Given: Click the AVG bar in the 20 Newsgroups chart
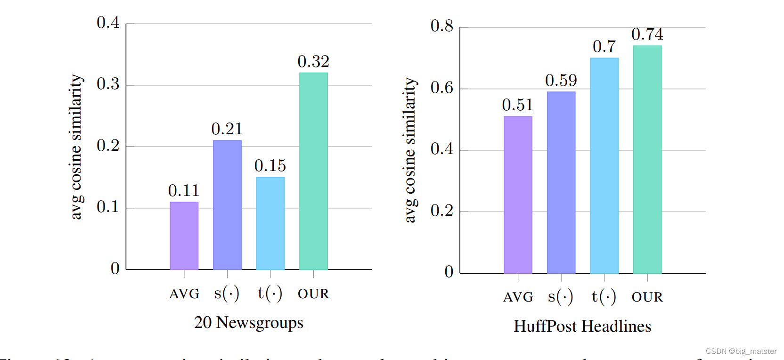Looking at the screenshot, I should coord(184,236).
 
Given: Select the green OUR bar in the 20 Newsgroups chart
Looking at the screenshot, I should coord(313,171).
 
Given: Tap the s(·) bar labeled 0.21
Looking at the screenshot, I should coord(227,205).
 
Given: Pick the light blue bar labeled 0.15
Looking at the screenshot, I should coord(270,223).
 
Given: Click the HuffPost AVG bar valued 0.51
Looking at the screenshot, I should coord(518,195).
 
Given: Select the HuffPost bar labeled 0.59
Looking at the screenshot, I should coord(561,182).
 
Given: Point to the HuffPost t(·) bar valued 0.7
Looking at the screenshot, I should coord(604,165).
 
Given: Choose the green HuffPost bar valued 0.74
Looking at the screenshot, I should coord(647,159).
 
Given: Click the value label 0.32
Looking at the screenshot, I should coord(313,61).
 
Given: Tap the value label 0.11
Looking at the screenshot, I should coord(184,190).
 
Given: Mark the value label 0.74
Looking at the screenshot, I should coord(647,34).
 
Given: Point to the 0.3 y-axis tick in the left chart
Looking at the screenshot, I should coord(108,84).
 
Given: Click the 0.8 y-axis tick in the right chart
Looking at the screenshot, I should coord(442,25).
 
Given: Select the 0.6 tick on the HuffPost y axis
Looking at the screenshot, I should coord(442,87).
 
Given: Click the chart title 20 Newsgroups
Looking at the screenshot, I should coord(249,323).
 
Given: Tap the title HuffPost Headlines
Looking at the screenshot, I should coord(582,326).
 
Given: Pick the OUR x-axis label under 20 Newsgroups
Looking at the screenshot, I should coord(313,294).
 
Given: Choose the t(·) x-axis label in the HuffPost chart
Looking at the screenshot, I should coord(604,297).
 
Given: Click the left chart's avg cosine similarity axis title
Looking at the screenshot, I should coord(76,147).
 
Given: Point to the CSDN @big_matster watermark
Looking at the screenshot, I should coord(741,351).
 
